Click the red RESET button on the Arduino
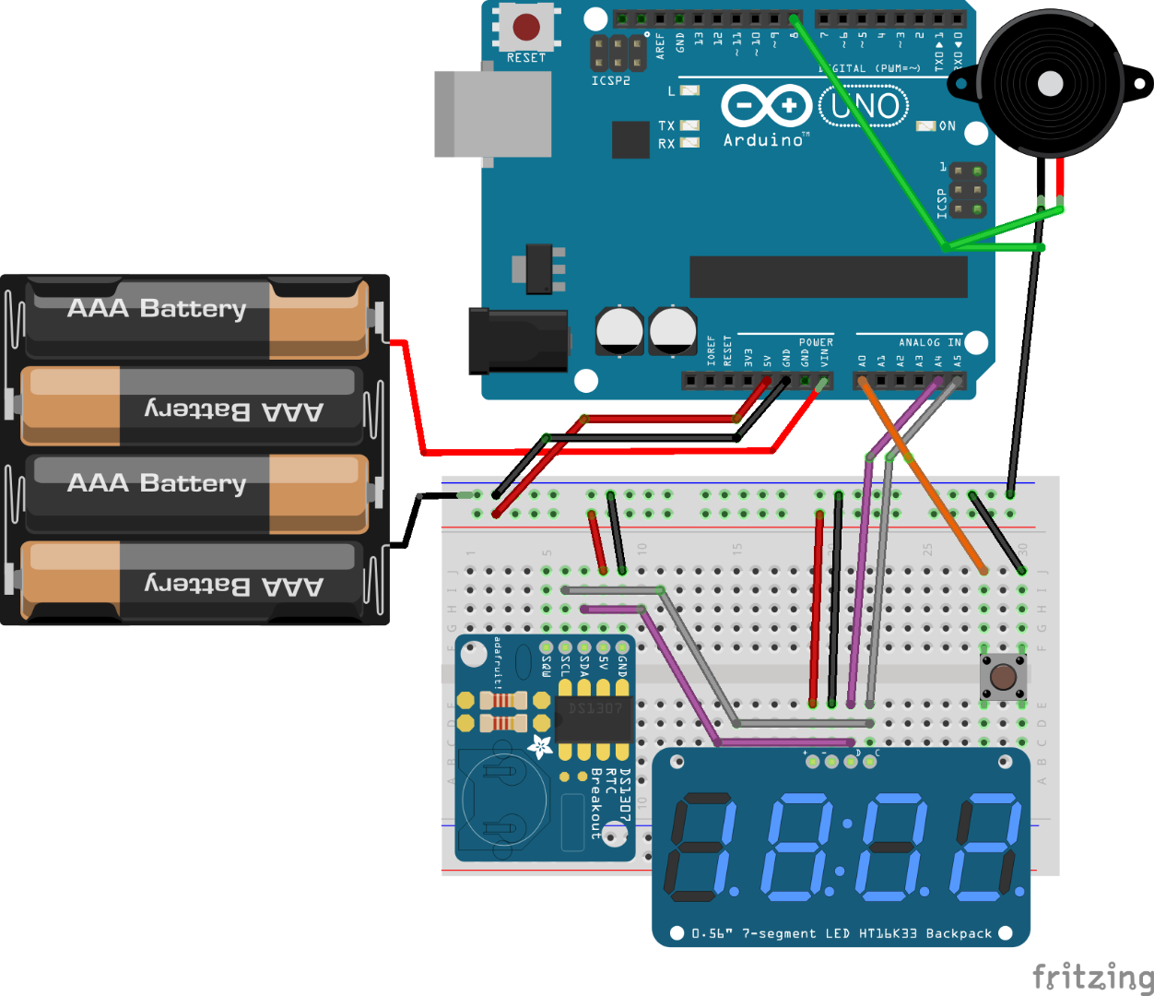point(526,27)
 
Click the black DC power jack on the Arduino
point(517,341)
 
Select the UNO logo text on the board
point(864,106)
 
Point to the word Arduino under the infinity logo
point(763,140)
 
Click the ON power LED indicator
point(925,126)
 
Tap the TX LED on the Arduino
point(689,125)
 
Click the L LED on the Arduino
point(689,90)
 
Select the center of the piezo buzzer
point(1050,84)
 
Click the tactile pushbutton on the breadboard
point(1003,678)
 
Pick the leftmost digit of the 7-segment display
point(701,848)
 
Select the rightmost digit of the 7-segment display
point(988,848)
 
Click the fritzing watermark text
point(1091,976)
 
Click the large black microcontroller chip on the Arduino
point(828,278)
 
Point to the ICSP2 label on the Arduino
point(610,81)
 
